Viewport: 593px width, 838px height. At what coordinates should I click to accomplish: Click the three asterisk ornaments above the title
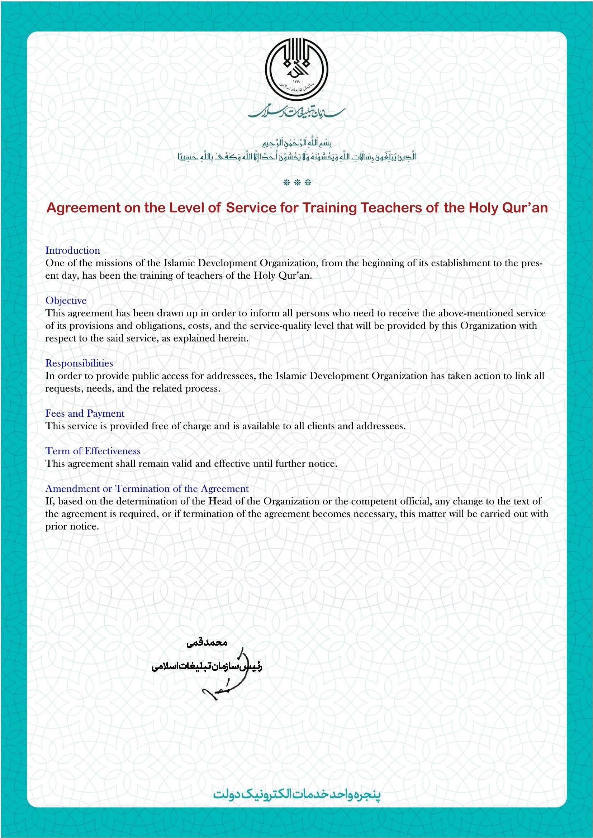297,182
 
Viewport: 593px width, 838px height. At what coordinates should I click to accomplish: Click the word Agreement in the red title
83,208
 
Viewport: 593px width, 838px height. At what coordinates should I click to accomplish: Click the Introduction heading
73,250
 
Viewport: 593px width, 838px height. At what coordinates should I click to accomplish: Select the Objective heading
66,300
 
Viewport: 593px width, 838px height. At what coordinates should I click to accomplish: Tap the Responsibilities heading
79,363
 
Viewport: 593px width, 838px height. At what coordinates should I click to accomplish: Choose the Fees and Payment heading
85,413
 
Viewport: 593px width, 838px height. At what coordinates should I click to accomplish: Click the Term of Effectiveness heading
93,451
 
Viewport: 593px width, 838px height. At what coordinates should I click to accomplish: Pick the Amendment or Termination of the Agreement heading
147,488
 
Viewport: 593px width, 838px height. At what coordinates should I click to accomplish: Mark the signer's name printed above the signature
207,642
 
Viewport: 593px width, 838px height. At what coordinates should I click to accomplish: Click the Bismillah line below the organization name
297,142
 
